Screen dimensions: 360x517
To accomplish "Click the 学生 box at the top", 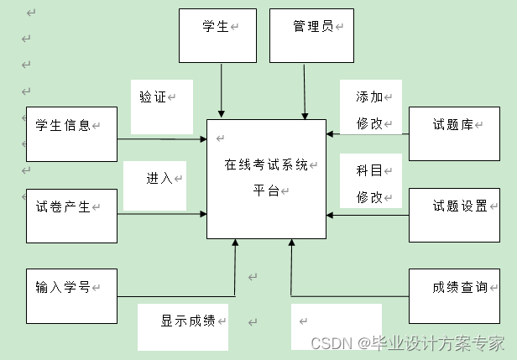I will [217, 35].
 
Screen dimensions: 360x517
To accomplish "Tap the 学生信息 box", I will [71, 133].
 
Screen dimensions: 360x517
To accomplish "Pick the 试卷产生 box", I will [71, 216].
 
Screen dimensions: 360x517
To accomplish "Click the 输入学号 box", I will [71, 296].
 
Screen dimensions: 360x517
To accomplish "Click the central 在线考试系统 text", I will [265, 164].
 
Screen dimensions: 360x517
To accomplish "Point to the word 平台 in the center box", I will [265, 190].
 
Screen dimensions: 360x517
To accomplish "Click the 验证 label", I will [153, 97].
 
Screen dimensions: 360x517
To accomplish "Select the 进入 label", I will [159, 178].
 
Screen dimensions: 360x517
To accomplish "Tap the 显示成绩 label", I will [188, 321].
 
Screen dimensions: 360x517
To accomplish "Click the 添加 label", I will [369, 97].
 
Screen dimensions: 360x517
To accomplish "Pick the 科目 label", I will [369, 170].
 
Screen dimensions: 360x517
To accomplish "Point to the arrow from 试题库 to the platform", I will [367, 133].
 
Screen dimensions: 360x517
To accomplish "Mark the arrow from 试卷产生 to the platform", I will [162, 214].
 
